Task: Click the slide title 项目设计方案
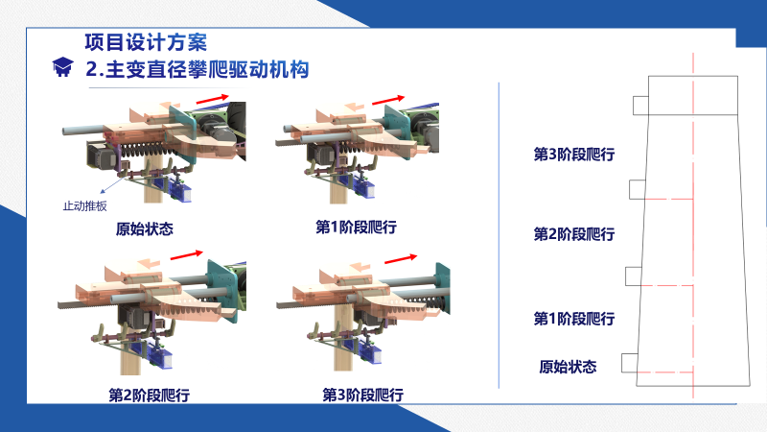pyautogui.click(x=146, y=42)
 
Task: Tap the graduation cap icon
pyautogui.click(x=62, y=66)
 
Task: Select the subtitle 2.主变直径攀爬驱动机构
pyautogui.click(x=198, y=69)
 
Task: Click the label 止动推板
pyautogui.click(x=84, y=206)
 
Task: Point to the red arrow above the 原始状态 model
pyautogui.click(x=212, y=99)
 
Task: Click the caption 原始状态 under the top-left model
pyautogui.click(x=145, y=228)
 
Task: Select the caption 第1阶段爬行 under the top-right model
pyautogui.click(x=356, y=228)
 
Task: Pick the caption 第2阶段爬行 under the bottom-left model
pyautogui.click(x=150, y=395)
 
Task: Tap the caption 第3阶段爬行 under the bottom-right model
pyautogui.click(x=363, y=395)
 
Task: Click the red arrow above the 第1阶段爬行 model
pyautogui.click(x=388, y=100)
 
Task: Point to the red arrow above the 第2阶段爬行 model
pyautogui.click(x=186, y=255)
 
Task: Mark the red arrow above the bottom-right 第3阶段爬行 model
pyautogui.click(x=401, y=258)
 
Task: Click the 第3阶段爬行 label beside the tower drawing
pyautogui.click(x=574, y=155)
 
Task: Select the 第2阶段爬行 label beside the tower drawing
pyautogui.click(x=574, y=234)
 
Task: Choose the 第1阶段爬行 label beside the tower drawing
pyautogui.click(x=574, y=319)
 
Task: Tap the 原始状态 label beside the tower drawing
pyautogui.click(x=568, y=367)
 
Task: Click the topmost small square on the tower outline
pyautogui.click(x=640, y=106)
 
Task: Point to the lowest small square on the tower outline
pyautogui.click(x=630, y=363)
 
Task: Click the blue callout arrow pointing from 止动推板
pyautogui.click(x=111, y=185)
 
